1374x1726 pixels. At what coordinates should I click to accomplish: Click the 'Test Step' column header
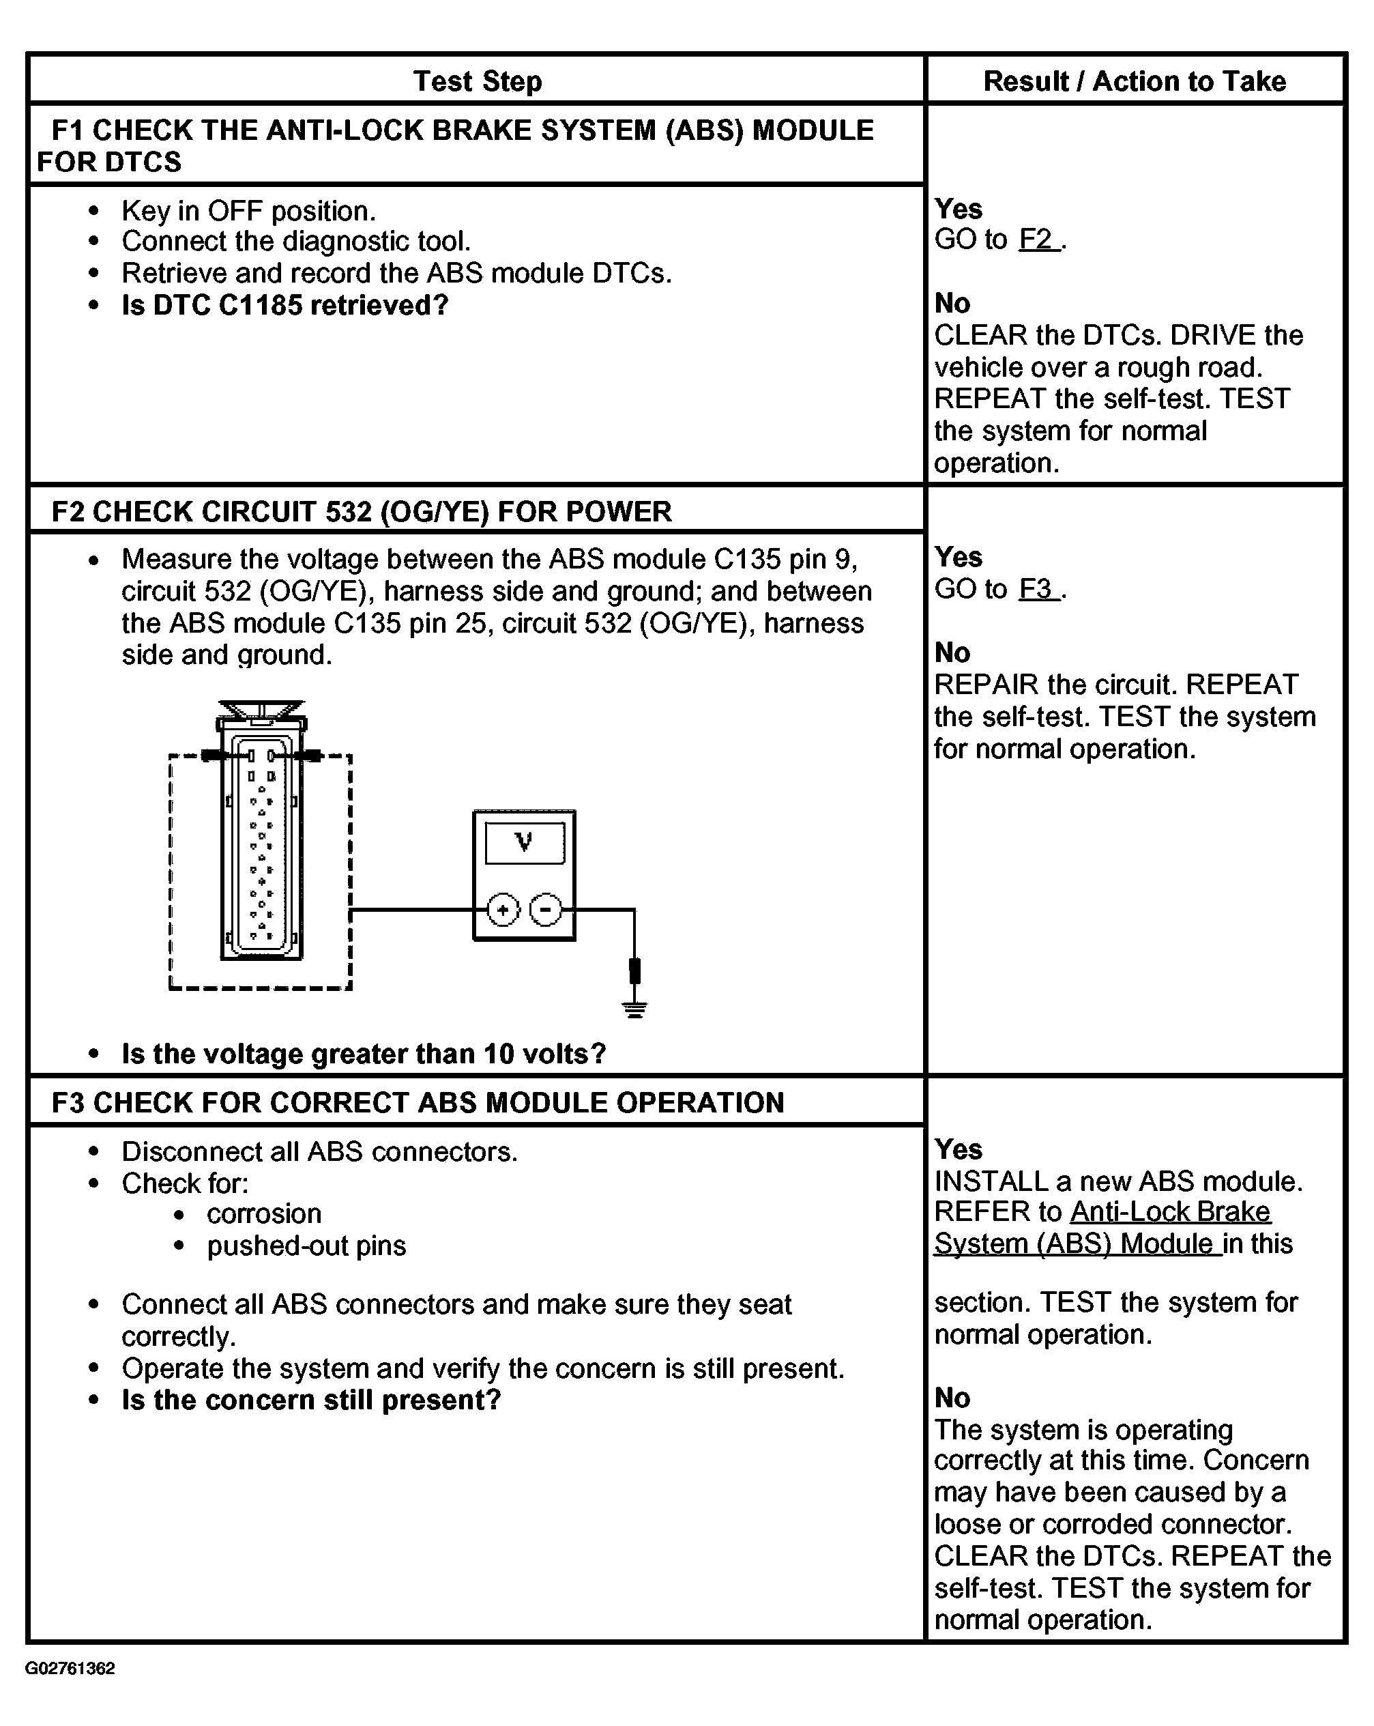(x=478, y=81)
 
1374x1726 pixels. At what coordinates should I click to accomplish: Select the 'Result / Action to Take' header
(x=1134, y=81)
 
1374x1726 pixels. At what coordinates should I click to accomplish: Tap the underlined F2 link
(x=1037, y=240)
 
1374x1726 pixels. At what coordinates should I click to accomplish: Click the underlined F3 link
(x=1037, y=589)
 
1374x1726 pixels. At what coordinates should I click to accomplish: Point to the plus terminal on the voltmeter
(x=503, y=910)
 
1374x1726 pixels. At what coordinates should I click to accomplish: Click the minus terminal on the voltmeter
(x=546, y=910)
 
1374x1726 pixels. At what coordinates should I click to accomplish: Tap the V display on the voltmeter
(x=524, y=842)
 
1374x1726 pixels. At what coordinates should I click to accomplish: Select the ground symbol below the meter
(x=634, y=1009)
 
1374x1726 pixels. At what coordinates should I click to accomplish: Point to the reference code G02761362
(x=70, y=1669)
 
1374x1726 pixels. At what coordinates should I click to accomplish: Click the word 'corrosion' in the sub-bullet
(x=264, y=1213)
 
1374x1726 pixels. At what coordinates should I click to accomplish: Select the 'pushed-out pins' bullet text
(x=306, y=1246)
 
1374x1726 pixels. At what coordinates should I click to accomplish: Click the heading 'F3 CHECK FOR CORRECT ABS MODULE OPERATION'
(x=418, y=1102)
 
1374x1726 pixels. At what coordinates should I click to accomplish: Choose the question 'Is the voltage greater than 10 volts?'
(x=364, y=1054)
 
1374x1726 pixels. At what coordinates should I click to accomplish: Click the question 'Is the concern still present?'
(x=311, y=1400)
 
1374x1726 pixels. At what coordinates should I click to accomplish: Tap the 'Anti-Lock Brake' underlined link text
(x=1170, y=1212)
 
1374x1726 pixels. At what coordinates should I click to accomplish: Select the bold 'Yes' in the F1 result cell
(x=958, y=209)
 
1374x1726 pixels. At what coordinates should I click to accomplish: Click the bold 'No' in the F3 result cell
(x=952, y=1398)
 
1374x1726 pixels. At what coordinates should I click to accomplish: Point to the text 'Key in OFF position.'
(x=248, y=211)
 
